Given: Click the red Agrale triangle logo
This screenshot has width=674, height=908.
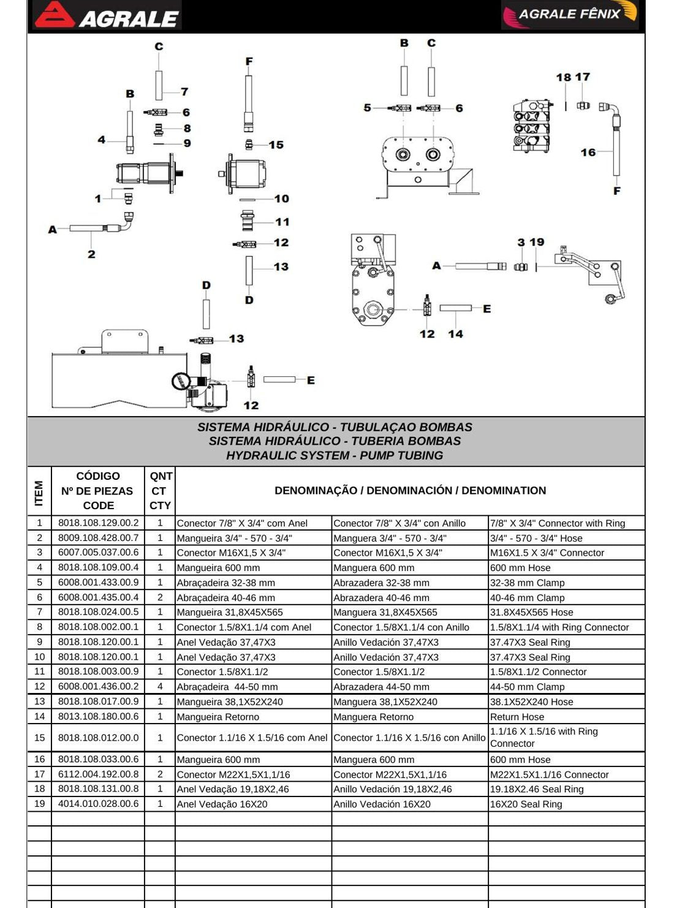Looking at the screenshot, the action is pyautogui.click(x=54, y=15).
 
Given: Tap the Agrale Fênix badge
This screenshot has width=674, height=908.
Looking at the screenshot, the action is pyautogui.click(x=570, y=15).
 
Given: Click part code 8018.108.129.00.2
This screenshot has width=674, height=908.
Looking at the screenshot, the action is pyautogui.click(x=98, y=523).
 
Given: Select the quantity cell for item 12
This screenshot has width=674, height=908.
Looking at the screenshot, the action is pyautogui.click(x=160, y=687).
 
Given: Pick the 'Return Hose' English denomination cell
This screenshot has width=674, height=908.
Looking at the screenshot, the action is pyautogui.click(x=517, y=717).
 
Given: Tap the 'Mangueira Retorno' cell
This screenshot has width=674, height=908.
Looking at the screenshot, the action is pyautogui.click(x=218, y=717).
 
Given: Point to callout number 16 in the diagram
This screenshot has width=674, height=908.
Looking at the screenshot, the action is pyautogui.click(x=588, y=153).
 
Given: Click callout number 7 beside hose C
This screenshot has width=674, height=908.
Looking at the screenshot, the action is pyautogui.click(x=184, y=91).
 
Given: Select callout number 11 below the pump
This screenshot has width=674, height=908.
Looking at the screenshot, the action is pyautogui.click(x=282, y=222).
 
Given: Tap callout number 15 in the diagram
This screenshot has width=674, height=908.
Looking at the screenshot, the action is pyautogui.click(x=276, y=145).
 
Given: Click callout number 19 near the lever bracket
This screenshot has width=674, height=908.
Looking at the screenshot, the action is pyautogui.click(x=537, y=242).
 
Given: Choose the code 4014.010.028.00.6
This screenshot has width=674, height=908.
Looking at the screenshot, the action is pyautogui.click(x=98, y=804).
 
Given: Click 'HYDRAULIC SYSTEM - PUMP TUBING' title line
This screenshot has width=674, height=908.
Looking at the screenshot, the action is pyautogui.click(x=335, y=455).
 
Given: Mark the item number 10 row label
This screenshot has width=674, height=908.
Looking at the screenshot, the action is pyautogui.click(x=39, y=657).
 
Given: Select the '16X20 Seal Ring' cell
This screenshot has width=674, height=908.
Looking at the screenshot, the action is pyautogui.click(x=526, y=804).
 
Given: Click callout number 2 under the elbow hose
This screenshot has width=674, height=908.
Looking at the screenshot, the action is pyautogui.click(x=91, y=254).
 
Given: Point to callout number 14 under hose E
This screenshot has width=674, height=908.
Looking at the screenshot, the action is pyautogui.click(x=455, y=334).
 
